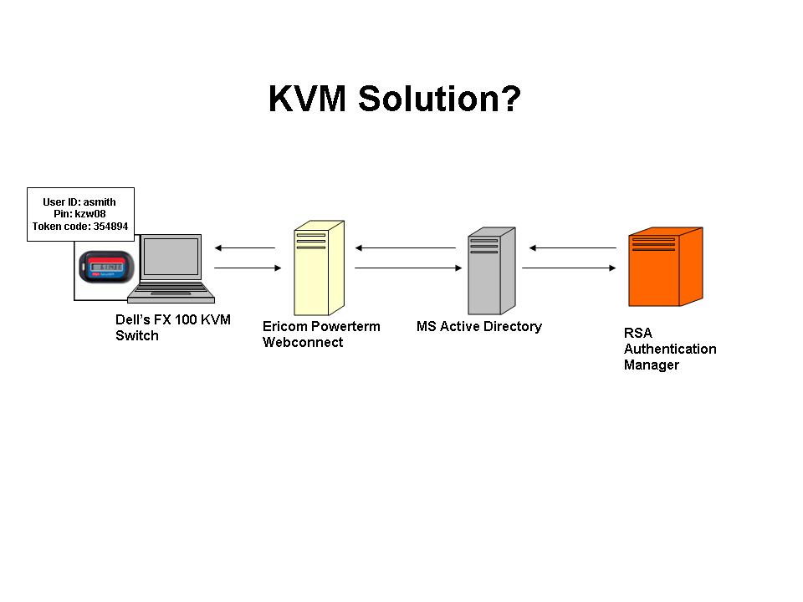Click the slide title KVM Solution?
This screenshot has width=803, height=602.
[x=395, y=99]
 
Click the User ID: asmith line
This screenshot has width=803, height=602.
[x=79, y=202]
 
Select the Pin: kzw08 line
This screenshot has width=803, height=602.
[x=79, y=213]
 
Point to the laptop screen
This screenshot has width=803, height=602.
[x=171, y=258]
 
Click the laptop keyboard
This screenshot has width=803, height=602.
[x=171, y=290]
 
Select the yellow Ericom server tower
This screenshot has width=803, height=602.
[x=310, y=268]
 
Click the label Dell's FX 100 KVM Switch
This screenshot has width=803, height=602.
[x=172, y=328]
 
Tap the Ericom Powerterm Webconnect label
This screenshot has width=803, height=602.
[x=321, y=334]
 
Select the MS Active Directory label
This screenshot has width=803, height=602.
[x=479, y=326]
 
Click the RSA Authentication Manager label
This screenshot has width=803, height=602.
[x=669, y=349]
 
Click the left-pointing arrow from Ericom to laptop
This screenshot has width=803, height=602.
[x=244, y=247]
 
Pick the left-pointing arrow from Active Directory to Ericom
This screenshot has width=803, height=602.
[x=405, y=247]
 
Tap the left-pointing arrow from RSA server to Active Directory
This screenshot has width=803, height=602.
[x=572, y=247]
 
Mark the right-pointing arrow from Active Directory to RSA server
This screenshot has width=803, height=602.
[x=569, y=268]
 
